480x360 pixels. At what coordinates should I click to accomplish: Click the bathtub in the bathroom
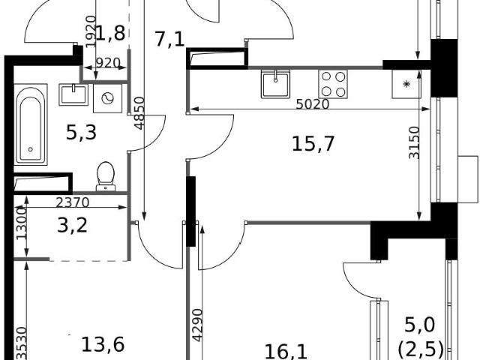click(x=31, y=124)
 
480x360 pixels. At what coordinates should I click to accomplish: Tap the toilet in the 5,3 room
click(x=106, y=176)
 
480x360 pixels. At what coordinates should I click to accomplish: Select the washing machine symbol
click(x=107, y=98)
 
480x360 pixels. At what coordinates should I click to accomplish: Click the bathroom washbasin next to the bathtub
click(x=73, y=94)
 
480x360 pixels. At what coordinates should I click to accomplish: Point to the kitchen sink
click(x=275, y=84)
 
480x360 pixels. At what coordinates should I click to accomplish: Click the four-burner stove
click(x=333, y=84)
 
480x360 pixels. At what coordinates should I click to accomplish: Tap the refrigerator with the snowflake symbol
click(x=406, y=84)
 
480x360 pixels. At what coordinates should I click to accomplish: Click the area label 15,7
click(x=313, y=144)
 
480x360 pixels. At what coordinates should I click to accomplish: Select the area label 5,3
click(x=82, y=133)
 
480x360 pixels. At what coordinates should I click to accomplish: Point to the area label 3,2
click(x=73, y=225)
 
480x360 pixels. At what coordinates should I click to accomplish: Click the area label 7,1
click(x=170, y=40)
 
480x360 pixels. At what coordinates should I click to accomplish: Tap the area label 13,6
click(x=103, y=344)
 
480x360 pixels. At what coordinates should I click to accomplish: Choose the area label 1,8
click(x=110, y=33)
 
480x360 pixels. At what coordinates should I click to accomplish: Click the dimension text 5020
click(x=313, y=104)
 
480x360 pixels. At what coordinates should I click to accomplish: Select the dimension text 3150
click(x=414, y=142)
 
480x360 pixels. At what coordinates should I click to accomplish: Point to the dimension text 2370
click(x=73, y=202)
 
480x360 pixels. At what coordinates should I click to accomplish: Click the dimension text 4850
click(x=139, y=113)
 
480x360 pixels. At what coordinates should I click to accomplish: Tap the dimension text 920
click(x=108, y=63)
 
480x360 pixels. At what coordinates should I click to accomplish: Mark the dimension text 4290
click(x=197, y=325)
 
